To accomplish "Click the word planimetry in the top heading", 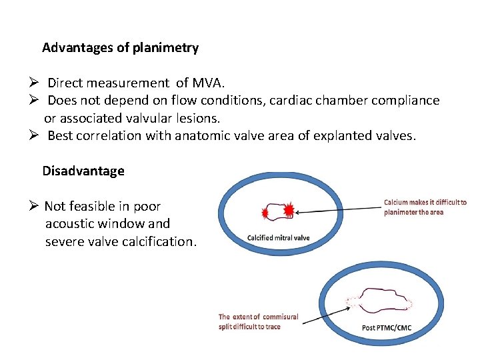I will click(x=166, y=48).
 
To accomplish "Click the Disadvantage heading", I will click(x=83, y=171).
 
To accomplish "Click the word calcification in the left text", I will click(x=159, y=241).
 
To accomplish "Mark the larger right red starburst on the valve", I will click(x=289, y=211).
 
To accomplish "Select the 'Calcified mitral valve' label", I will click(x=278, y=238).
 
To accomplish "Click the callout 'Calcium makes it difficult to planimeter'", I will click(x=425, y=207).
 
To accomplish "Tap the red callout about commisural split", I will click(x=258, y=321).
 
